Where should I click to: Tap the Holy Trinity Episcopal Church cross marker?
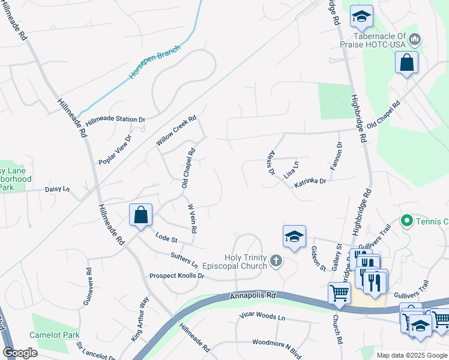(x=276, y=260)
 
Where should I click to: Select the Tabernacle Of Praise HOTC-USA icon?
(x=414, y=40)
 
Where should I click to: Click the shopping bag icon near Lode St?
(x=140, y=215)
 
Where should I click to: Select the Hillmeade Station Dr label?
(x=115, y=120)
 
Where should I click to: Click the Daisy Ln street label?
(x=58, y=189)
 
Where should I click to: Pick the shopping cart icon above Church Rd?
(x=339, y=293)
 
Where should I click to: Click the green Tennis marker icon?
(x=406, y=221)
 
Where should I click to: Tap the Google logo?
(x=20, y=353)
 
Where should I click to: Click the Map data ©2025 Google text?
(x=412, y=355)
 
